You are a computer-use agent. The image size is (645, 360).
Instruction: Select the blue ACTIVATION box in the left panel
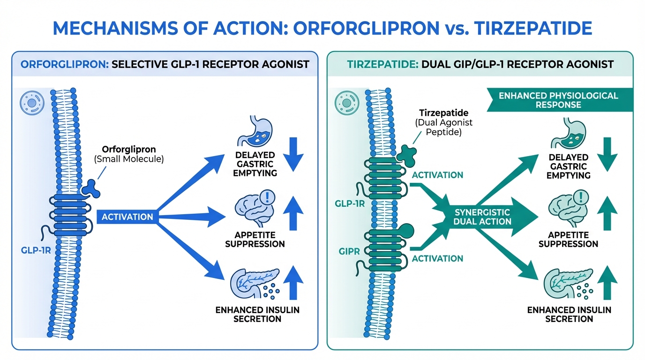point(127,217)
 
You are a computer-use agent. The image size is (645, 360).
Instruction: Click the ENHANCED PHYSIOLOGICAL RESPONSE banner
point(558,100)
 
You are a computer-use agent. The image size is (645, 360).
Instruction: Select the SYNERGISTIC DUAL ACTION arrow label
point(482,217)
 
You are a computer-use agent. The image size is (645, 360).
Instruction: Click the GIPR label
point(350,252)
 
